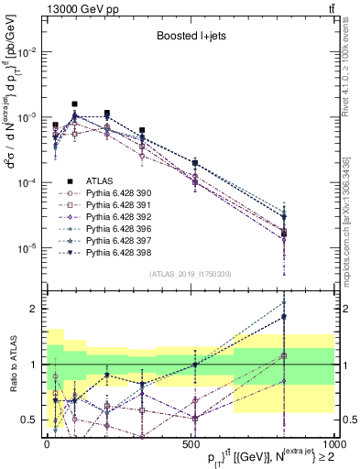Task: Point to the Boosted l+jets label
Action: pos(188,38)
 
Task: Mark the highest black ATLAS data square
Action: pos(75,104)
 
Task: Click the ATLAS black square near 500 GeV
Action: pos(194,163)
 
